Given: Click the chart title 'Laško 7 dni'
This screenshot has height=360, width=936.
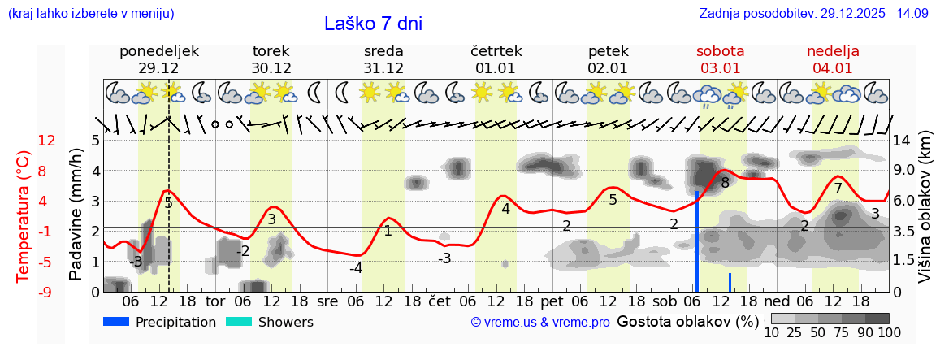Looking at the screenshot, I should [373, 24].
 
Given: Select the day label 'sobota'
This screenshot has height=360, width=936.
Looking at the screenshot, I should [720, 51].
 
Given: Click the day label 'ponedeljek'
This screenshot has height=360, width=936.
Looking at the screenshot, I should [158, 51].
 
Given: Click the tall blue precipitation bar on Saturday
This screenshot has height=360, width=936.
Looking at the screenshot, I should [696, 241].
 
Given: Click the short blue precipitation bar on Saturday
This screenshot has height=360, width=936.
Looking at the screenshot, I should [730, 282].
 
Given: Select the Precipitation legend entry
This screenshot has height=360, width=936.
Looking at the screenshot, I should [160, 322].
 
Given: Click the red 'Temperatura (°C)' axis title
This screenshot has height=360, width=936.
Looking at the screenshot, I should [24, 216].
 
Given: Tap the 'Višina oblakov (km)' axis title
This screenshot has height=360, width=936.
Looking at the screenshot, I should [925, 215].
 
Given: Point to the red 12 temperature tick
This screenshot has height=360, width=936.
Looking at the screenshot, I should [46, 141].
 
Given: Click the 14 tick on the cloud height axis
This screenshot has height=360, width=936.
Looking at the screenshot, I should [903, 141].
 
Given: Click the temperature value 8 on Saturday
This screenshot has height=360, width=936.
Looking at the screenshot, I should [725, 183].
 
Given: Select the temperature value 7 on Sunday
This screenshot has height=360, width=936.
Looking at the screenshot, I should [838, 189].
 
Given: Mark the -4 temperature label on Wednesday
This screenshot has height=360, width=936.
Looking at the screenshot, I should [356, 268].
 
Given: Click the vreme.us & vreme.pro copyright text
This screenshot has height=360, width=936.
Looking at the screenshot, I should [540, 323].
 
